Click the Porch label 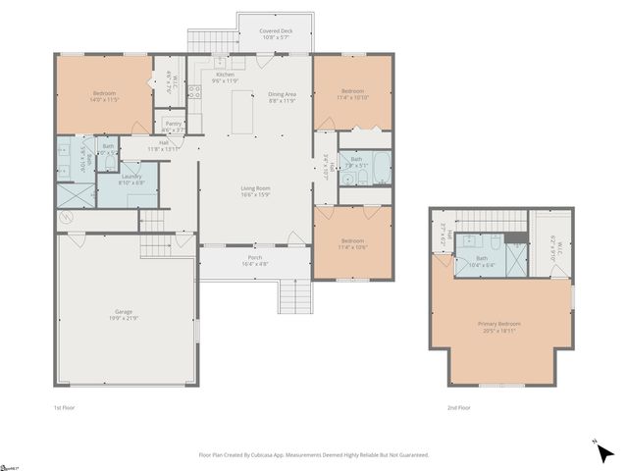[255, 260]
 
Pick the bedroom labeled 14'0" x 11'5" [104, 96]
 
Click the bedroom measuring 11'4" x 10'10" [351, 94]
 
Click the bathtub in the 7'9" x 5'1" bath [381, 167]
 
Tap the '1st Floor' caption [64, 407]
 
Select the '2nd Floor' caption [458, 407]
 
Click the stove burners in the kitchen [194, 93]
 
